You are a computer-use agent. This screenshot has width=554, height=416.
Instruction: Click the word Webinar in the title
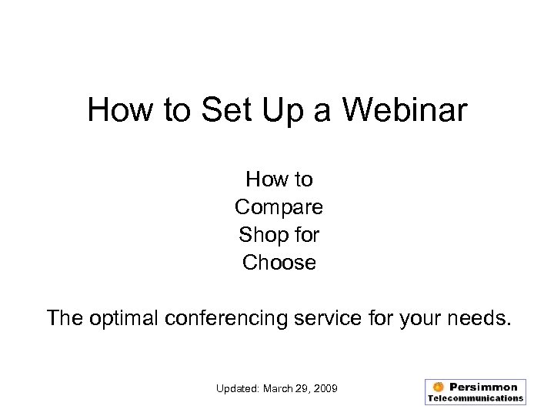tap(403, 110)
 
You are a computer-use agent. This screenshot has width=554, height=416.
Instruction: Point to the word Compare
tap(279, 207)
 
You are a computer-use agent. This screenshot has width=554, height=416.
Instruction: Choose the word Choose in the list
tap(279, 263)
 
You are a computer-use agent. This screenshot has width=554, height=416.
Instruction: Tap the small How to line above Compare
tap(279, 179)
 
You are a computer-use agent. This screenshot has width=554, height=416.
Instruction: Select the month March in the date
tap(279, 388)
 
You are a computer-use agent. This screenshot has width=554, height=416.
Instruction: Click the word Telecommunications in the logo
tap(476, 398)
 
